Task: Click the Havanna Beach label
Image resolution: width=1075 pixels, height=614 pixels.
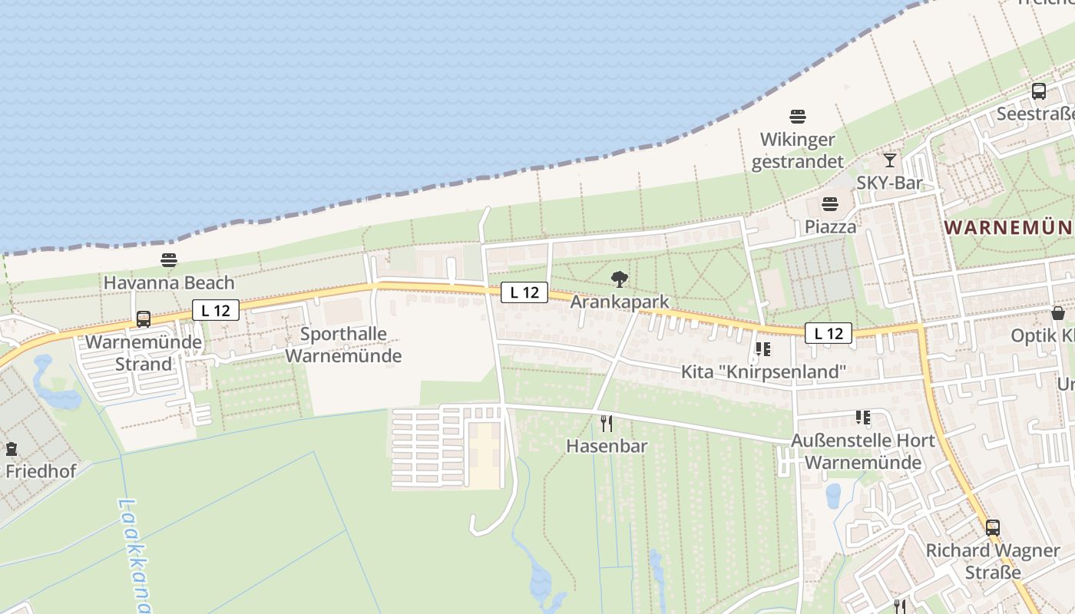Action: point(169,282)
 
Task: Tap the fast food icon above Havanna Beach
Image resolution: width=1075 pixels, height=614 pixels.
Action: point(169,260)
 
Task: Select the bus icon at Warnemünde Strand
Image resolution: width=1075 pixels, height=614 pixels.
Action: point(144,319)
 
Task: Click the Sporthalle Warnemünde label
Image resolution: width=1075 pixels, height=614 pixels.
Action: point(343,345)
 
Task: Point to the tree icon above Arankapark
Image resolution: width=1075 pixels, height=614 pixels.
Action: point(620,279)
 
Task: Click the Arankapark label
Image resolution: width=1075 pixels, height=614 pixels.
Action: point(620,302)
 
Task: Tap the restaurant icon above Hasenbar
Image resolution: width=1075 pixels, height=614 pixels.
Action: point(607,423)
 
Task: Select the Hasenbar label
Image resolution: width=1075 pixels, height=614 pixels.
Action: point(607,445)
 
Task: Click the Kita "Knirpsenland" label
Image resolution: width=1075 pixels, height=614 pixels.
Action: point(763,372)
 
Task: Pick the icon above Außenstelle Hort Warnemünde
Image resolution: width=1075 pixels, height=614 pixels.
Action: point(863,418)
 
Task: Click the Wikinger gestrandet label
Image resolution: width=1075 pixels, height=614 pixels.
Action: point(797,150)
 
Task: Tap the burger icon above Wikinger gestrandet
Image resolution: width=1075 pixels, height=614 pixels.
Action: point(798,117)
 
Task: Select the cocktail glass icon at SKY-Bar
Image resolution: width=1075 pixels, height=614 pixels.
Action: point(890,160)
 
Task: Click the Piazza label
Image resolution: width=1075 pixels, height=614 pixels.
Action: point(830,226)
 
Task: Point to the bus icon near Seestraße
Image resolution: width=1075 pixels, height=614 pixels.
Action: point(1039,91)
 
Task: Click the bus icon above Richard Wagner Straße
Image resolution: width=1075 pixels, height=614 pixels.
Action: point(993,528)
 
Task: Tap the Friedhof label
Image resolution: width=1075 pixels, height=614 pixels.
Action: point(41,470)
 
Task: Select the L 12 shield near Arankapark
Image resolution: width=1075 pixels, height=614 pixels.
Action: point(524,292)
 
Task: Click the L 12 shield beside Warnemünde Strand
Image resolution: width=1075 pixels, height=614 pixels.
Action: point(216,310)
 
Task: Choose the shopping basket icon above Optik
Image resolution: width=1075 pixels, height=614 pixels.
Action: point(1058,313)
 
